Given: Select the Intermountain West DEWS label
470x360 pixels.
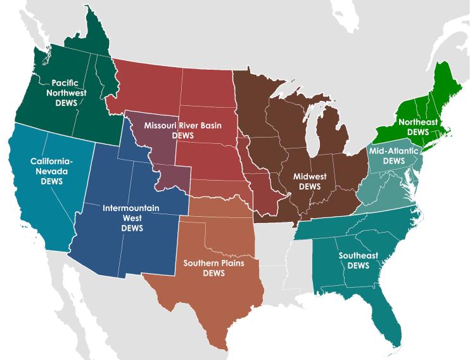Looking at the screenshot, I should pyautogui.click(x=131, y=217).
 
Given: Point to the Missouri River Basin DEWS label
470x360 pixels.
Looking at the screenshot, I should pyautogui.click(x=182, y=129).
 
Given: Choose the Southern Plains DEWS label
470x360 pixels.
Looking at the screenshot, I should pyautogui.click(x=213, y=267).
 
